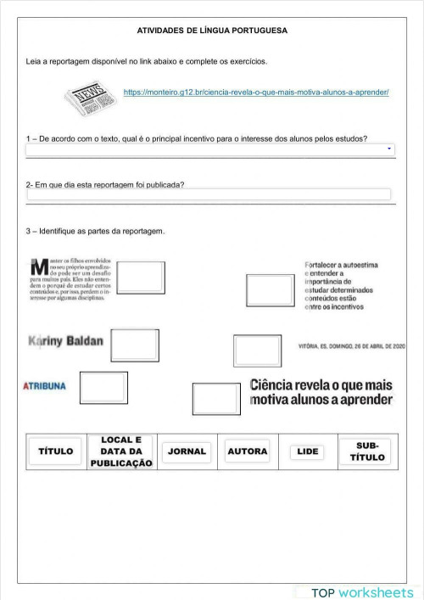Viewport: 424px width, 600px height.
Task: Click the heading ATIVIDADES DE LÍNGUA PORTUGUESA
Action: pos(212,31)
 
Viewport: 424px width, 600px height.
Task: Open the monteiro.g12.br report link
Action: pos(256,91)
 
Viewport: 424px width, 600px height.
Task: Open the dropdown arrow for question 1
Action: pos(390,149)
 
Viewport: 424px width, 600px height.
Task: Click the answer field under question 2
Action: pos(209,194)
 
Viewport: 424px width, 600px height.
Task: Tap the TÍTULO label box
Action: pos(56,451)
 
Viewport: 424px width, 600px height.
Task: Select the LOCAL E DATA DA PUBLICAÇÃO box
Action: pos(120,451)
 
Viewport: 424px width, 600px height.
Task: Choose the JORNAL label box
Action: pos(187,451)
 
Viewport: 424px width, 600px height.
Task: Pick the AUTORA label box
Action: pos(247,451)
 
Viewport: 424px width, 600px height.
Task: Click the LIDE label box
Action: pos(308,451)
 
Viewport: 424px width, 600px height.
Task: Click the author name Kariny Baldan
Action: pos(65,341)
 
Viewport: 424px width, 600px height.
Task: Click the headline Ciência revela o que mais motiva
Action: pos(321,392)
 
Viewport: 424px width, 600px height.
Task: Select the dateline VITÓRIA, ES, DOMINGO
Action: pos(352,346)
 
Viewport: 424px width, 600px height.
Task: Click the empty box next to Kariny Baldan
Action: pos(135,345)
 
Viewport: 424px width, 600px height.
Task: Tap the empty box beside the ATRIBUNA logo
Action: pos(103,387)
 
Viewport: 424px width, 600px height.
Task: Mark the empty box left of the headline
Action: pos(216,399)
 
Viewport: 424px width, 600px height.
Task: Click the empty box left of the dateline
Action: pos(257,350)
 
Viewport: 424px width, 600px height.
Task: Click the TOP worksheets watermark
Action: pos(361,592)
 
